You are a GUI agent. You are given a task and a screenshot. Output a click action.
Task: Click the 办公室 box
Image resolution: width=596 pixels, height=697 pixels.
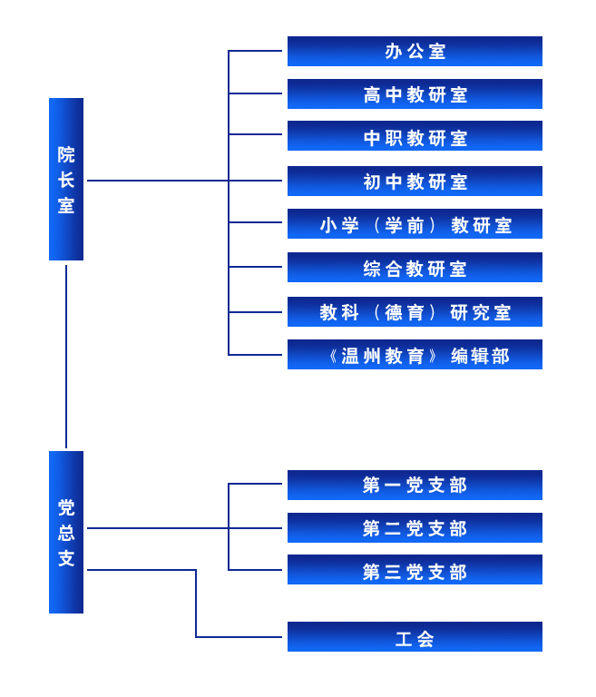pyautogui.click(x=415, y=51)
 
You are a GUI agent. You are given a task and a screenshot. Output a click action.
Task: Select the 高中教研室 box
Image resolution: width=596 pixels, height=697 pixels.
pyautogui.click(x=415, y=93)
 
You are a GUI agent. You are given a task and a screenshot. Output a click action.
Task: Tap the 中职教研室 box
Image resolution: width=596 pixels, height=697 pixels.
pyautogui.click(x=415, y=135)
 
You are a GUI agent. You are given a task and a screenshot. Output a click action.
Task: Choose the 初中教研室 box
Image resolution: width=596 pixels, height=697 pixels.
pyautogui.click(x=415, y=181)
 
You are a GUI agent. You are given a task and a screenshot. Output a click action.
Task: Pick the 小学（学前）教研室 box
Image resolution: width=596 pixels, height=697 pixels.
pyautogui.click(x=415, y=223)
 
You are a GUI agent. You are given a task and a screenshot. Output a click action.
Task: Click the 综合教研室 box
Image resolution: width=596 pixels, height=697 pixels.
pyautogui.click(x=415, y=267)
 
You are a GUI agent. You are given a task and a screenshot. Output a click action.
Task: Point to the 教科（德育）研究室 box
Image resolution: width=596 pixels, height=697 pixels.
pyautogui.click(x=415, y=311)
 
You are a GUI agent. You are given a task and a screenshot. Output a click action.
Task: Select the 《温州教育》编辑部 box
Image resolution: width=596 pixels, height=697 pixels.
pyautogui.click(x=415, y=354)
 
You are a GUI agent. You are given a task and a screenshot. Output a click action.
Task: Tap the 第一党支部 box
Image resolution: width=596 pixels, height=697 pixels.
pyautogui.click(x=415, y=485)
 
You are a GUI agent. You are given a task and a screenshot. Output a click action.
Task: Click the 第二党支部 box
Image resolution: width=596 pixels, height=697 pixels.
pyautogui.click(x=415, y=527)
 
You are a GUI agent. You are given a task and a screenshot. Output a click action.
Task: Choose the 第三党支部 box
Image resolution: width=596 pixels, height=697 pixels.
pyautogui.click(x=415, y=569)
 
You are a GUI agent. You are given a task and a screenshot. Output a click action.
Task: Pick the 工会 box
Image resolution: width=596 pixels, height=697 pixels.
pyautogui.click(x=415, y=636)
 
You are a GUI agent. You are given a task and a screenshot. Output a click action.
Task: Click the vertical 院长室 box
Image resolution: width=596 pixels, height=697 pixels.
pyautogui.click(x=66, y=179)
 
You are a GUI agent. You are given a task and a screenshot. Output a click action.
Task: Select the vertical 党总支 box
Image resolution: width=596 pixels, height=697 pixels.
pyautogui.click(x=66, y=532)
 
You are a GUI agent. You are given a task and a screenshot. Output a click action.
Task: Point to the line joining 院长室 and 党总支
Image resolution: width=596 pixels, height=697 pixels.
pyautogui.click(x=66, y=357)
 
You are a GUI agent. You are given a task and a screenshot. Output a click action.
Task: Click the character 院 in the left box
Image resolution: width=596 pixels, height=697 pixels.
pyautogui.click(x=66, y=154)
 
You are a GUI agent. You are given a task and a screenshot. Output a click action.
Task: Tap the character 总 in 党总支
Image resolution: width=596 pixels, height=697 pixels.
pyautogui.click(x=66, y=533)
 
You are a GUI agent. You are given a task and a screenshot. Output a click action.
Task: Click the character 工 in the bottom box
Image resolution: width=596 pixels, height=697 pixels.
pyautogui.click(x=404, y=639)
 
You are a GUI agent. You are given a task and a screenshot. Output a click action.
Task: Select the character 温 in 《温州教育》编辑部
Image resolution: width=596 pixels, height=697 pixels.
pyautogui.click(x=350, y=356)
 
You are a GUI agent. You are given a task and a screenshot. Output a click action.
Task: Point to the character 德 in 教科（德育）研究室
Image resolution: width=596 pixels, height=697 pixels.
pyautogui.click(x=394, y=312)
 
